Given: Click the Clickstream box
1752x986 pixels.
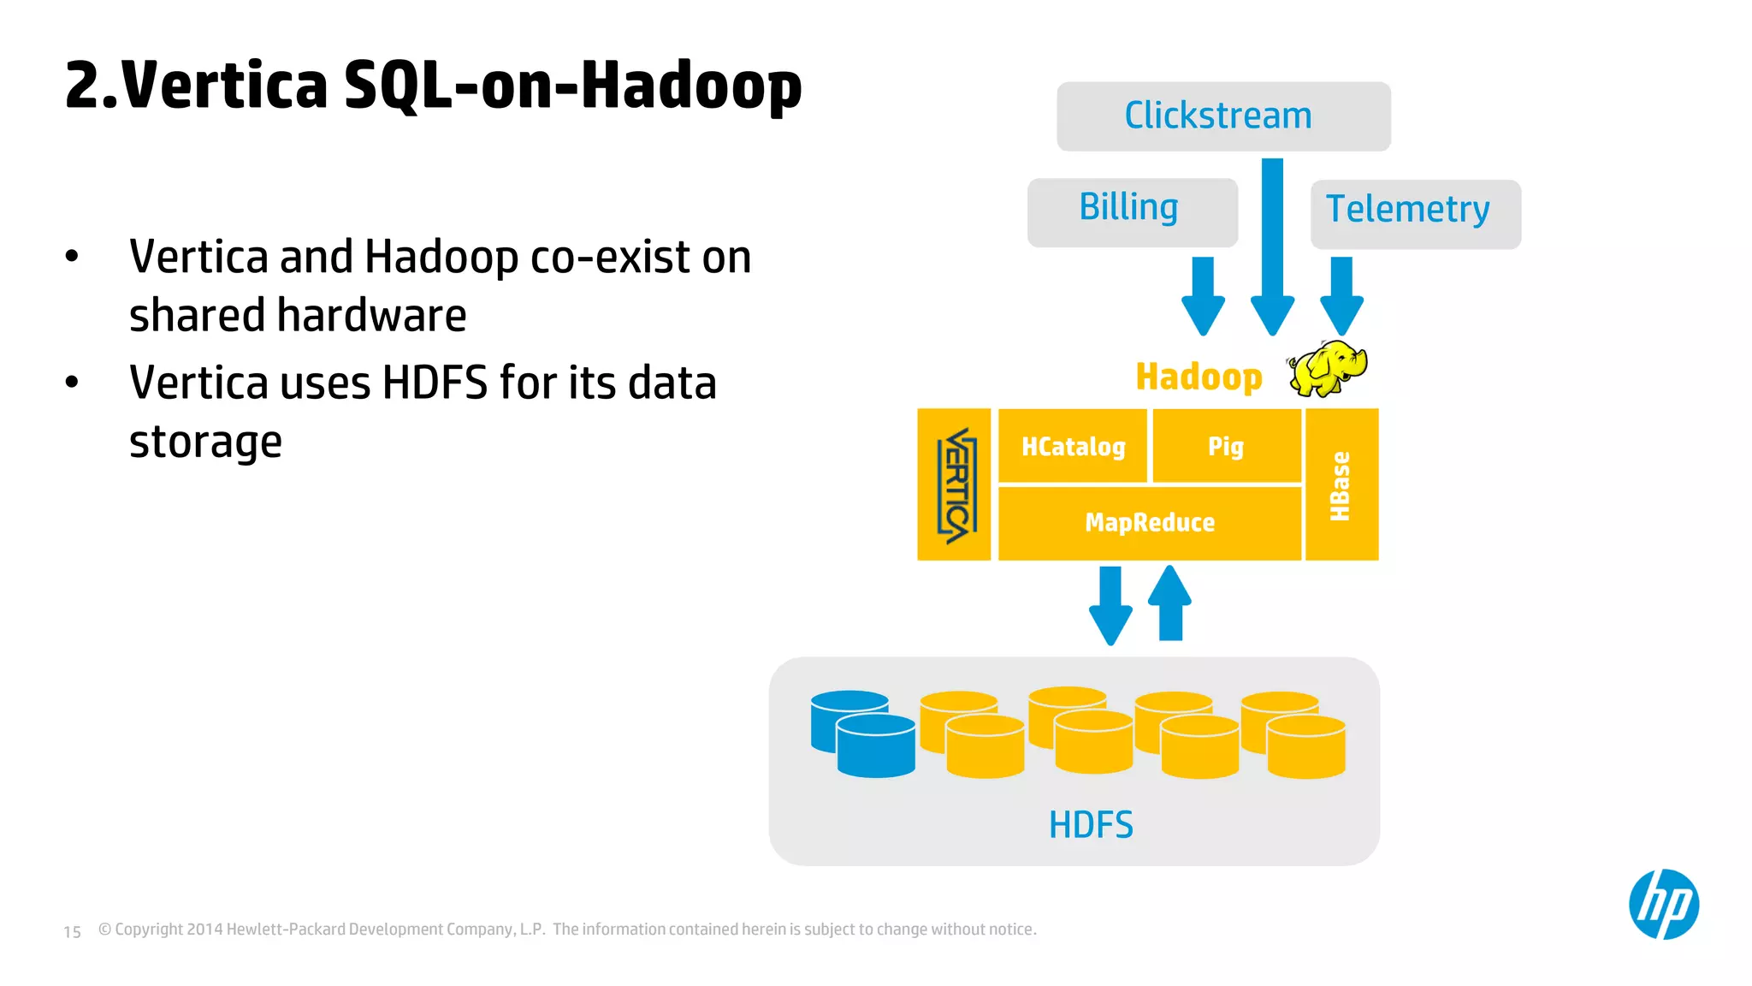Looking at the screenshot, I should pyautogui.click(x=1223, y=116).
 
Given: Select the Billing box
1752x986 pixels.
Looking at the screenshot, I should pyautogui.click(x=1132, y=211).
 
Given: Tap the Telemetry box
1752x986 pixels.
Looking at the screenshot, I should pyautogui.click(x=1415, y=213).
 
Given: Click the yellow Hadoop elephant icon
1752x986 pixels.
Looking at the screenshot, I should pyautogui.click(x=1329, y=368).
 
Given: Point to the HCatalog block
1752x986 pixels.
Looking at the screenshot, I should pyautogui.click(x=1073, y=447).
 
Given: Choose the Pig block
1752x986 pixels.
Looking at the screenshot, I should pyautogui.click(x=1226, y=447).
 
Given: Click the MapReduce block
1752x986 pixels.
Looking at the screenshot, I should pyautogui.click(x=1150, y=523).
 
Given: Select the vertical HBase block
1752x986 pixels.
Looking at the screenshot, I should pyautogui.click(x=1341, y=485).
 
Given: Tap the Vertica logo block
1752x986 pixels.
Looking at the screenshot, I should pyautogui.click(x=954, y=485).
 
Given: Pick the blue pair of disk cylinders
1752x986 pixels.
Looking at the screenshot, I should pyautogui.click(x=862, y=734).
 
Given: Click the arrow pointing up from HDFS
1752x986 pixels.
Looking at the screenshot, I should pyautogui.click(x=1169, y=603).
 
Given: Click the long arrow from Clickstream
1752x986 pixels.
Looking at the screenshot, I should pyautogui.click(x=1272, y=248).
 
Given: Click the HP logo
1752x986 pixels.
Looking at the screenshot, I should pyautogui.click(x=1663, y=905).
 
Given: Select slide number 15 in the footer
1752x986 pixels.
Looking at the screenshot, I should pyautogui.click(x=73, y=932).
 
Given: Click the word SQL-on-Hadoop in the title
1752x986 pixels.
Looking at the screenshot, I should pyautogui.click(x=572, y=86).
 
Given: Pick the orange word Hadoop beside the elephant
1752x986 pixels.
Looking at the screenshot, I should pyautogui.click(x=1199, y=377).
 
